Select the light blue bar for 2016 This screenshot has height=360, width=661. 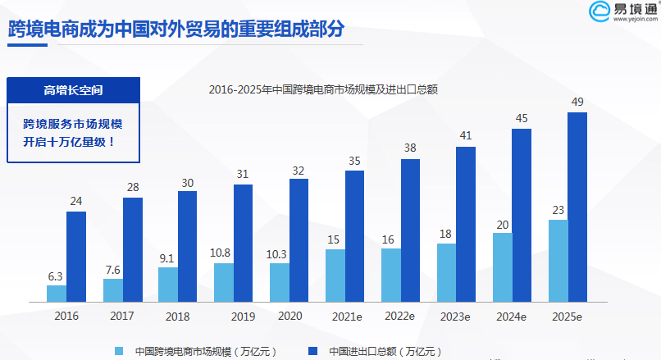[x=57, y=294]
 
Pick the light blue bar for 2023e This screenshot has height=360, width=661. [x=447, y=272]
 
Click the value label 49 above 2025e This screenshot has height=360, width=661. [x=577, y=102]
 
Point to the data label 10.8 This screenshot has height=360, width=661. [x=223, y=253]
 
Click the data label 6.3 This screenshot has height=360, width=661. [x=56, y=276]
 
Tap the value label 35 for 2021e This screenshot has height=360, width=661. [x=354, y=161]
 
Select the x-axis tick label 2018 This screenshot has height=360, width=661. [x=178, y=316]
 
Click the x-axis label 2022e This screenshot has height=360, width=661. [x=400, y=316]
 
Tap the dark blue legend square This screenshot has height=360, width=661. [x=312, y=350]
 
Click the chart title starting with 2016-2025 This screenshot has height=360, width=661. [x=323, y=89]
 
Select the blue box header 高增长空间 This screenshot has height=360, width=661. [x=74, y=89]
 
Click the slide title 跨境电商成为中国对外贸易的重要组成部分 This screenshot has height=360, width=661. [x=176, y=29]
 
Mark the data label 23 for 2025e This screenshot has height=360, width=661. [x=558, y=210]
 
